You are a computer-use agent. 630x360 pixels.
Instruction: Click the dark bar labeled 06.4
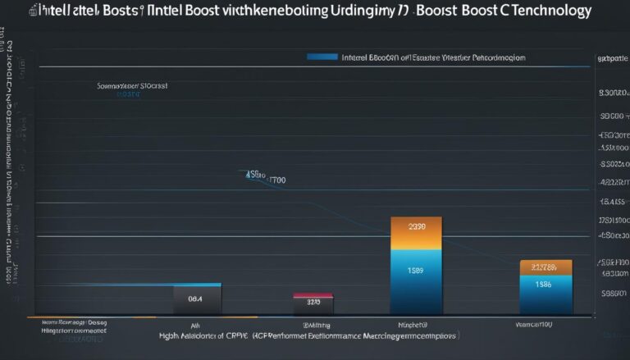tap(197, 300)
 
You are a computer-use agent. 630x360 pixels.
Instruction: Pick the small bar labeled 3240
tap(313, 304)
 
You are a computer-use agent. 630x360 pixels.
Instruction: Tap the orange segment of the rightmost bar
tap(545, 267)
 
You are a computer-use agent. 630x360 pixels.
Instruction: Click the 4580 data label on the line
tap(254, 175)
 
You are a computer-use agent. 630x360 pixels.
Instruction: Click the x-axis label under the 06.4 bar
tap(196, 324)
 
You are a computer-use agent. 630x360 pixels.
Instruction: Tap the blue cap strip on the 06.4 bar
tap(197, 285)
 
